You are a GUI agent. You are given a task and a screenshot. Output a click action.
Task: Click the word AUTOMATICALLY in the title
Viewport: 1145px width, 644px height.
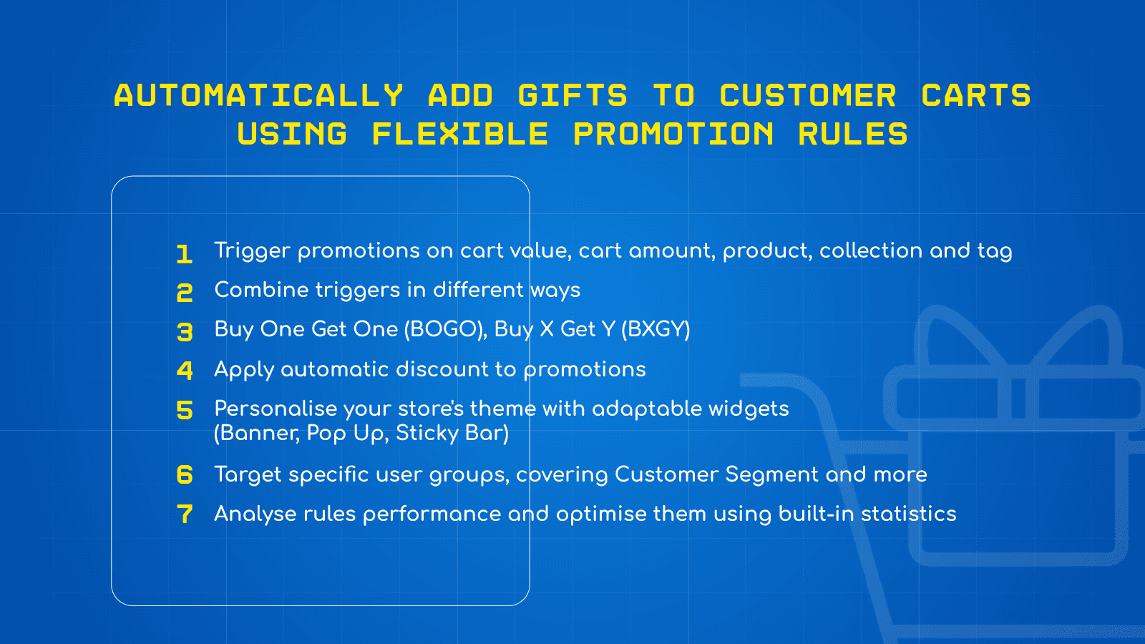[x=258, y=96]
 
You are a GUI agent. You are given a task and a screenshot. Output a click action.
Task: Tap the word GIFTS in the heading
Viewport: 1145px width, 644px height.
[x=572, y=96]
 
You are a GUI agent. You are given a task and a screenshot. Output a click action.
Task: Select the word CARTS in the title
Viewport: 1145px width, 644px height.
[x=976, y=96]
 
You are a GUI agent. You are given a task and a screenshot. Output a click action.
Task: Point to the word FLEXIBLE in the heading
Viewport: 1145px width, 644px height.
[x=460, y=135]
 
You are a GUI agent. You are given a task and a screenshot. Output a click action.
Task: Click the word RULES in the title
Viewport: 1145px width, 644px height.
[x=853, y=135]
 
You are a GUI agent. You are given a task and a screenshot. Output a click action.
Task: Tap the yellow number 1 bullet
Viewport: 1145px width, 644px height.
[x=185, y=254]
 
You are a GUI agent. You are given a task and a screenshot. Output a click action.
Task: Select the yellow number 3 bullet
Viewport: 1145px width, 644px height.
[x=185, y=332]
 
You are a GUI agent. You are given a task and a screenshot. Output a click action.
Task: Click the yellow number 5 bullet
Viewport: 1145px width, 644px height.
[x=185, y=410]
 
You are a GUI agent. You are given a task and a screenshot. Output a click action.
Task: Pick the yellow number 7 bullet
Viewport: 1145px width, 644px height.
[x=185, y=514]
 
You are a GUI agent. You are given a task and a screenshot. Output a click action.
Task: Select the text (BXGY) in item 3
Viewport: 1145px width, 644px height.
[x=656, y=329]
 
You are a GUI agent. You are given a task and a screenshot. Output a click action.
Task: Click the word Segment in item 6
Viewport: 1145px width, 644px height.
[x=771, y=474]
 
